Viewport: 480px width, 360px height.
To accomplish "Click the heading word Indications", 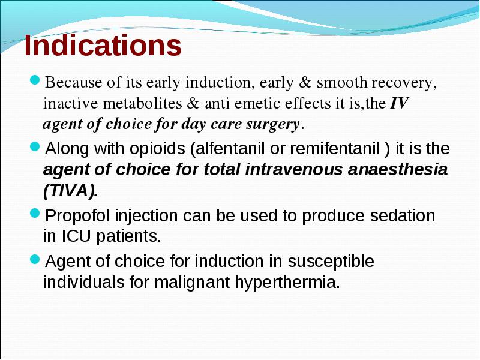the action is point(103,45).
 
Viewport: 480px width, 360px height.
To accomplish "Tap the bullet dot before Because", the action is point(35,80).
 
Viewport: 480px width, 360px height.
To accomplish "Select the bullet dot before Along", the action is point(35,146).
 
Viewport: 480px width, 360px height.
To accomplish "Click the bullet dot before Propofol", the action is point(35,213).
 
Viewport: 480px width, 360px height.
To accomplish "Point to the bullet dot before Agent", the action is point(35,259).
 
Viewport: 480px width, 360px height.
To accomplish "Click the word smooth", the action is point(342,82).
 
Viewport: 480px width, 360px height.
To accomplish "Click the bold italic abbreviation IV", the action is point(399,103).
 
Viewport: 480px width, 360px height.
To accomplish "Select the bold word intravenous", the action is point(293,169).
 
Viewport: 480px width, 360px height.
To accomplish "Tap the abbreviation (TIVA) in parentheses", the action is point(71,191).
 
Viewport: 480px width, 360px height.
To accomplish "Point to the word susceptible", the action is point(331,262).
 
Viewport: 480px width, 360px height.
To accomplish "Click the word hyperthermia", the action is point(287,283).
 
